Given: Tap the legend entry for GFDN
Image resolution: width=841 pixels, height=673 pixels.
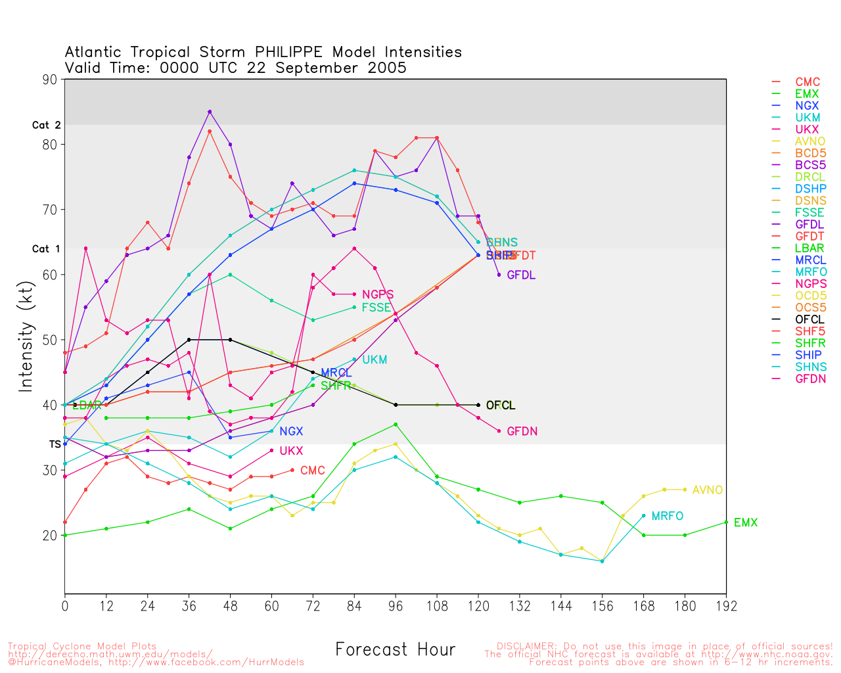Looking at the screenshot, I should coord(810,379).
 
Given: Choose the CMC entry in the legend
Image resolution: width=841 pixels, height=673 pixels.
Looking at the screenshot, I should coord(807,82).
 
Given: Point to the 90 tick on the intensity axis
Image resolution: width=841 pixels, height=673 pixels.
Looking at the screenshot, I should coord(51,79).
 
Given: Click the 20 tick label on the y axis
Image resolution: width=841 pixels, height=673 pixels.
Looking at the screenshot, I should coord(51,536).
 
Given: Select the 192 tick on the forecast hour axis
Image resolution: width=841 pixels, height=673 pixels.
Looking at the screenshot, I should coord(726,605).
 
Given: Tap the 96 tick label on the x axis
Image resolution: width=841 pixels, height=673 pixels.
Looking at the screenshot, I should coord(396,605).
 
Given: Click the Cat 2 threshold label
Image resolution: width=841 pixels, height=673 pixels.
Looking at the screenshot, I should coord(46,125).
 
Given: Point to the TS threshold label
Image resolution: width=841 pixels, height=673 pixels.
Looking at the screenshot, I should coord(55,444).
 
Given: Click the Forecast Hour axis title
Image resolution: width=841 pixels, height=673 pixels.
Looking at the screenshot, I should coord(395,649).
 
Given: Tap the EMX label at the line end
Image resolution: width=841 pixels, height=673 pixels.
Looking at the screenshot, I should coord(745,523).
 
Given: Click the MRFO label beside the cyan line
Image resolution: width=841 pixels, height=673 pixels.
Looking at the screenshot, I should coord(667,517).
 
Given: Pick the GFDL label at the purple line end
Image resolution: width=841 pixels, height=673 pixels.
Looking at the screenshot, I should coord(521,275).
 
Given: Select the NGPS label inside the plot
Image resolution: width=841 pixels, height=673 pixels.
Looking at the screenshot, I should coord(378,295).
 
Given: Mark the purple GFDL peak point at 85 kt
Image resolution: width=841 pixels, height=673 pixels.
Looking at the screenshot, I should coord(210,112).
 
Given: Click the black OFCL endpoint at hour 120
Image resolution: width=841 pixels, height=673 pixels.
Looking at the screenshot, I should coord(478,405).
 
